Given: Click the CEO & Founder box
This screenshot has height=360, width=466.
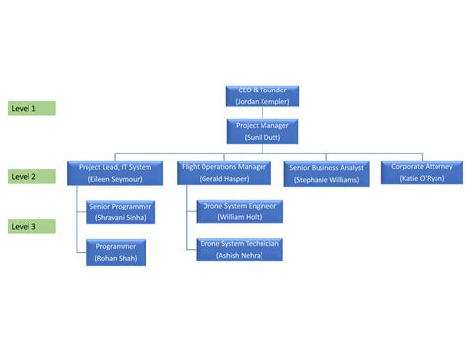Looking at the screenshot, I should (x=262, y=95).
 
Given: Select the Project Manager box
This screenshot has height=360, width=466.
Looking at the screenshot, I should (x=262, y=131).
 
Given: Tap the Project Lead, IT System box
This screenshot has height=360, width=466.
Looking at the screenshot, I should (x=115, y=173).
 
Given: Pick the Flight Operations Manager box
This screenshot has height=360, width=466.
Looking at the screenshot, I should (x=224, y=173).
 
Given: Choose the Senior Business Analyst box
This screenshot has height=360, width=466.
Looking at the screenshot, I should (x=325, y=174).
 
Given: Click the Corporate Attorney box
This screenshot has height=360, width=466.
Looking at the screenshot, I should (x=422, y=173).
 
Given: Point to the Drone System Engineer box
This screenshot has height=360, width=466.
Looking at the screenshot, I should (x=239, y=210).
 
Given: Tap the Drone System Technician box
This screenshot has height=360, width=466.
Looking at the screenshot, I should (x=239, y=249).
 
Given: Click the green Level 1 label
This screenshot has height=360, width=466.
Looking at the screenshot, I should (x=31, y=108).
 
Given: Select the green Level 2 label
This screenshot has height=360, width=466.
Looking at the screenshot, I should (x=31, y=176).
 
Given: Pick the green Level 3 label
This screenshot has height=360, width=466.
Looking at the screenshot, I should (x=31, y=226).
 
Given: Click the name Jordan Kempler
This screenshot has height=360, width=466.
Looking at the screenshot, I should (x=262, y=101).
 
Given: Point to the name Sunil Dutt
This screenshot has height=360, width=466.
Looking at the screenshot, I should (x=262, y=137).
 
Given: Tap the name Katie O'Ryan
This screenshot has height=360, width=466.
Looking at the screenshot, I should (x=422, y=179).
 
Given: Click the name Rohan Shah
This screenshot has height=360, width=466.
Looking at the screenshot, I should (x=117, y=258).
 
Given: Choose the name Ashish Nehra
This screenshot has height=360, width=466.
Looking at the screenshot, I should (x=239, y=255).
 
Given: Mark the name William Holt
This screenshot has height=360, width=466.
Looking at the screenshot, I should (x=239, y=216).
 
